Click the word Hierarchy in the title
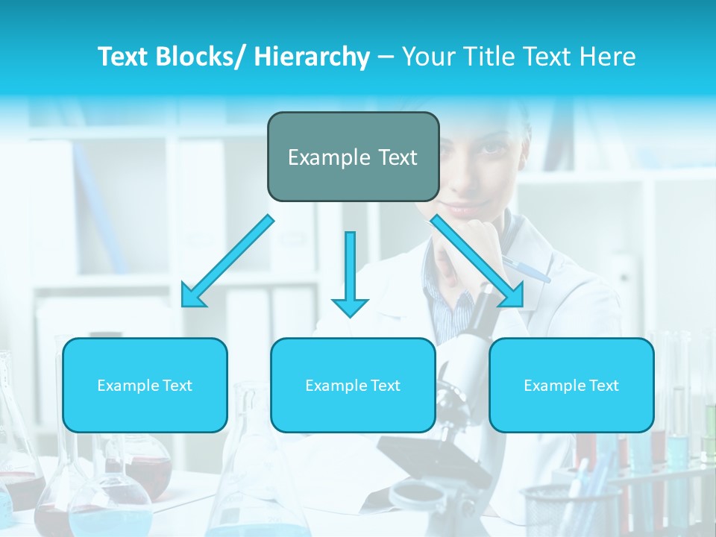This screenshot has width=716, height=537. coord(311,57)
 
